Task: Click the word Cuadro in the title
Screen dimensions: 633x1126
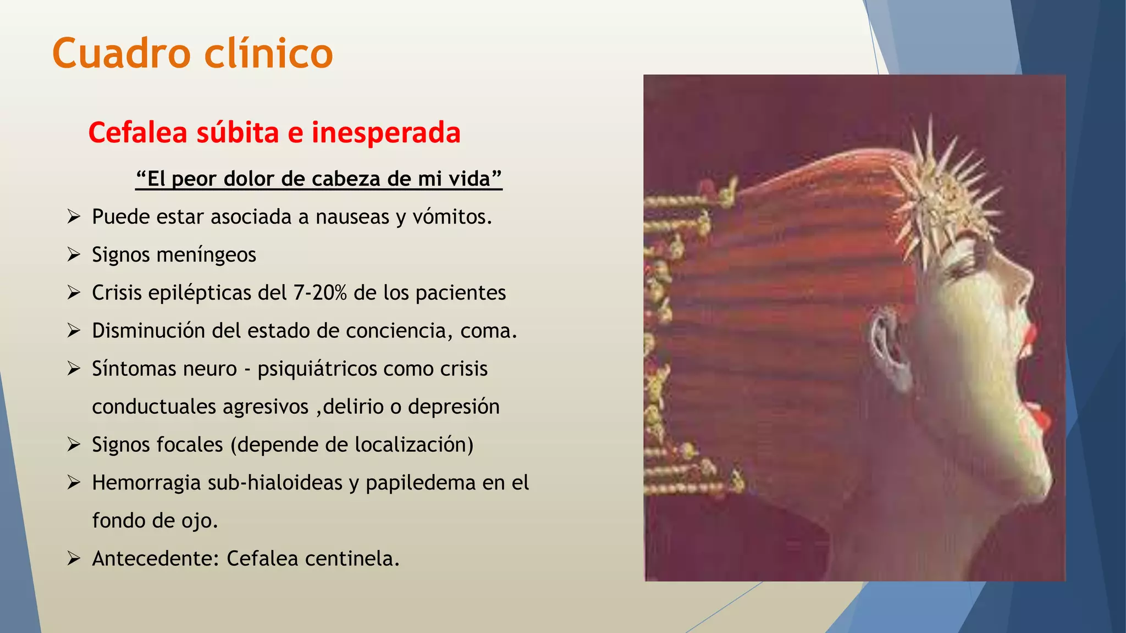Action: (x=121, y=53)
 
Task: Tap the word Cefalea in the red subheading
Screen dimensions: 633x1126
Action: (x=137, y=133)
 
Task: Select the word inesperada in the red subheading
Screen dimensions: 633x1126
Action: (x=386, y=133)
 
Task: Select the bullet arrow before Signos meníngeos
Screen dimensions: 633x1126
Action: (x=74, y=255)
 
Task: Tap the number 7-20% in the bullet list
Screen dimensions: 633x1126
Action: (x=320, y=293)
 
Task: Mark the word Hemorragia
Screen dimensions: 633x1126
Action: (x=146, y=482)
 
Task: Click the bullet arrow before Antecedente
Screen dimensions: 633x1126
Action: (x=74, y=559)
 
